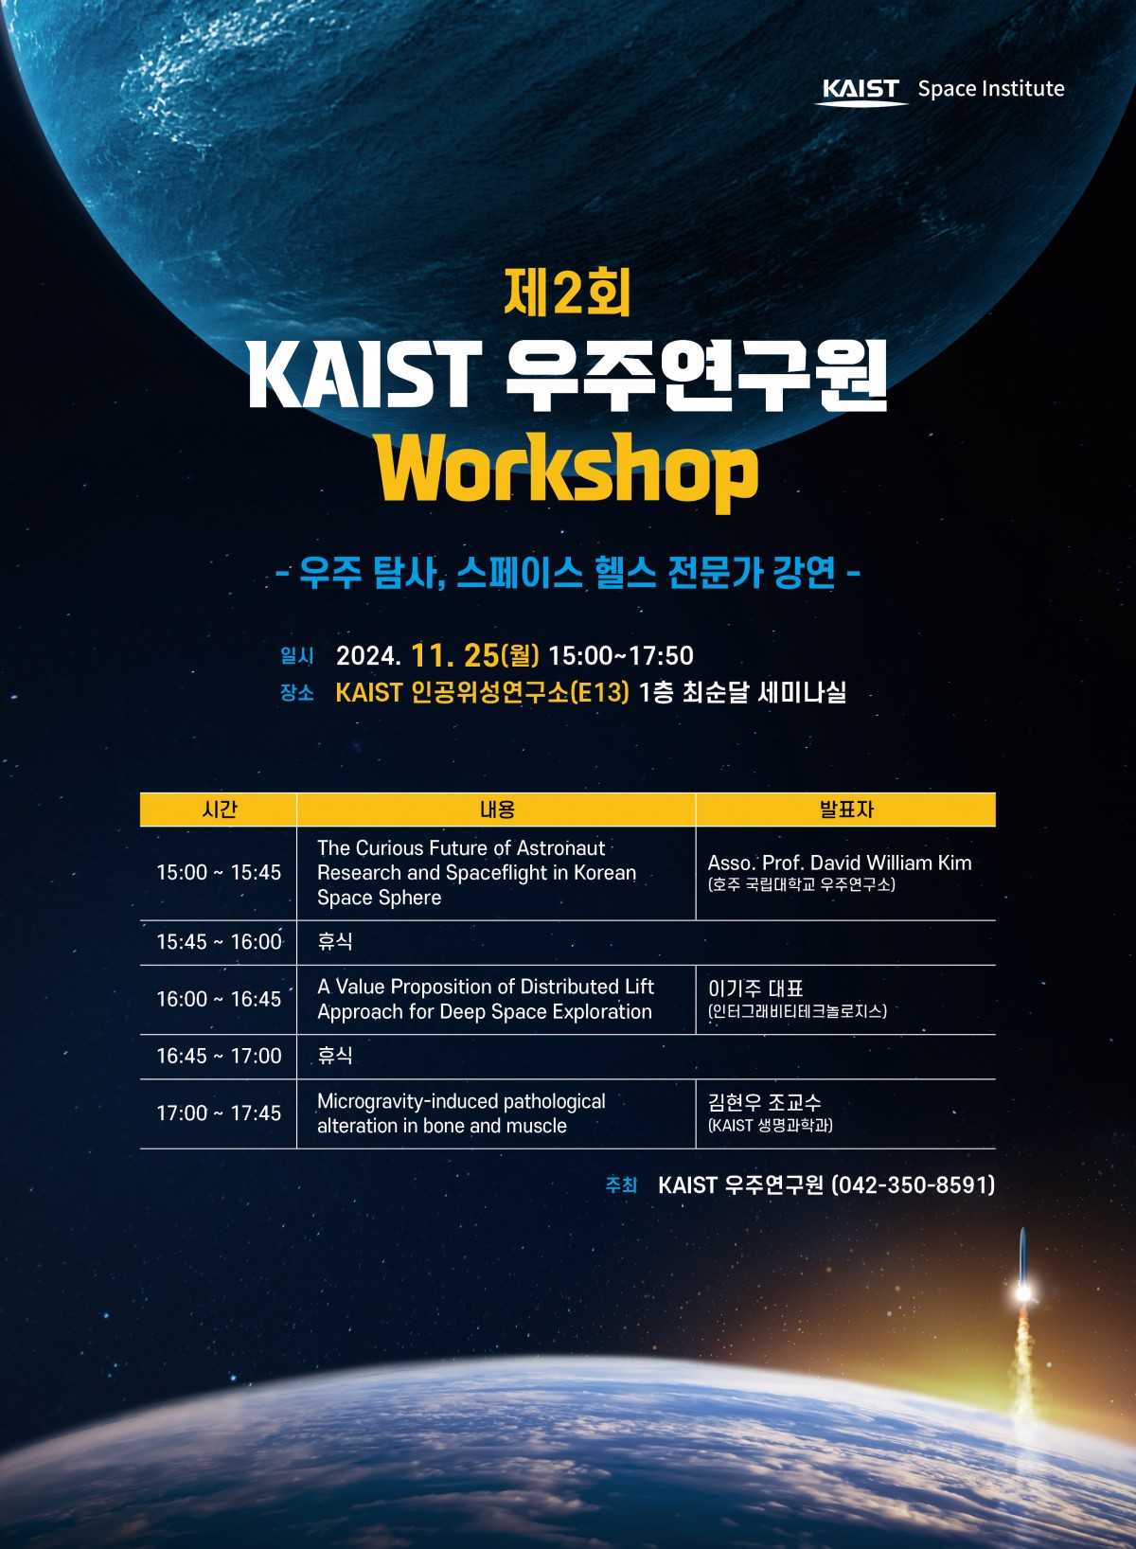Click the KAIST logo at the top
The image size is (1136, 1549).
click(861, 91)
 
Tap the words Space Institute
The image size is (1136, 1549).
click(991, 89)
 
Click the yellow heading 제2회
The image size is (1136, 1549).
click(567, 293)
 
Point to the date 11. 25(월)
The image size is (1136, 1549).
click(475, 655)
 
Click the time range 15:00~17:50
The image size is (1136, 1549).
click(620, 655)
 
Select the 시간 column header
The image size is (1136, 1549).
click(220, 810)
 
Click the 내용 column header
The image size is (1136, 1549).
click(497, 810)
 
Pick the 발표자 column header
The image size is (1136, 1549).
click(846, 810)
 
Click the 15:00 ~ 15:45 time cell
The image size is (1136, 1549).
click(219, 873)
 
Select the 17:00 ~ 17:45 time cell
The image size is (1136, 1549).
click(219, 1113)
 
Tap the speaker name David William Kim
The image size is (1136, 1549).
click(891, 863)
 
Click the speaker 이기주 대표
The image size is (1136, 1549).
click(755, 988)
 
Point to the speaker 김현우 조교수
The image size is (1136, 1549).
click(764, 1101)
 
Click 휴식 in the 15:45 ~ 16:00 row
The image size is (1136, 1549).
click(334, 941)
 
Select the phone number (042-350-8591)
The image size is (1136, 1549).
click(913, 1185)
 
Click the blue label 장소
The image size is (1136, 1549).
click(296, 693)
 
